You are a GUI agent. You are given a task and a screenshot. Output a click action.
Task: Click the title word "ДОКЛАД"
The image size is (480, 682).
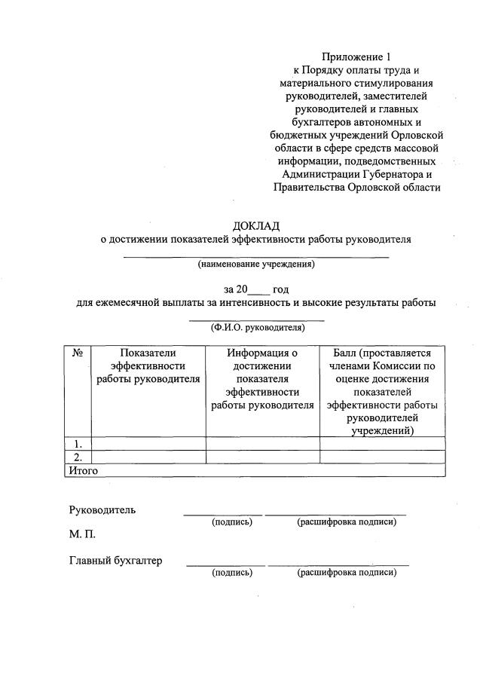(256, 225)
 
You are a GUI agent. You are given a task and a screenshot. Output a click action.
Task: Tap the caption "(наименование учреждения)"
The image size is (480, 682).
(256, 265)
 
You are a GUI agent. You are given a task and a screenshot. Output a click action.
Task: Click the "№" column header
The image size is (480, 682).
(78, 353)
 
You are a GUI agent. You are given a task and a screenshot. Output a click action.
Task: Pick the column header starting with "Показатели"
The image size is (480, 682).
(148, 365)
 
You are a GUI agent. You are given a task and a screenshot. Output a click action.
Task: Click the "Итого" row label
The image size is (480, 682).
(84, 470)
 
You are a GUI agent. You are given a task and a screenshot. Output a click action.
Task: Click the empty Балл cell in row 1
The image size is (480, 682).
(382, 443)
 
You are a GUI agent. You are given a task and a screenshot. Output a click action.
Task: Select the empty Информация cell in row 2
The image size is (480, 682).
(263, 457)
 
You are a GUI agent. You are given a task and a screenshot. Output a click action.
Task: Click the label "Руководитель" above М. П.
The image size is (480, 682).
(102, 509)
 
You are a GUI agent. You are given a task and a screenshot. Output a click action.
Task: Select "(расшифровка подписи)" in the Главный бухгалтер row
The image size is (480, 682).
(347, 573)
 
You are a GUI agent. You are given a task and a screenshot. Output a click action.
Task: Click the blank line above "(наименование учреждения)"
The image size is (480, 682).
(256, 256)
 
